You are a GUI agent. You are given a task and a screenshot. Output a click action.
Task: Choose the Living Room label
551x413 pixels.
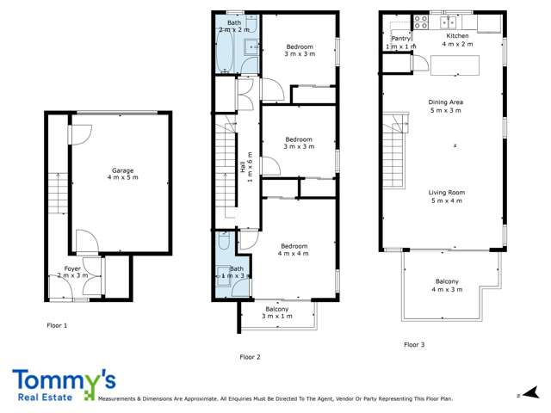tap(446, 196)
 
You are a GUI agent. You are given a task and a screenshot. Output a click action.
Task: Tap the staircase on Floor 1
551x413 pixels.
tap(58, 194)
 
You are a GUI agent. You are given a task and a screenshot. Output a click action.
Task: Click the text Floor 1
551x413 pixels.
tap(57, 326)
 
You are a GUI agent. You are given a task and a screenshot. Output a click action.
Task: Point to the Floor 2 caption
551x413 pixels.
tap(250, 355)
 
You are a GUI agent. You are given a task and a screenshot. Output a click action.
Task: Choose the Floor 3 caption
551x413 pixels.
tap(414, 344)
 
